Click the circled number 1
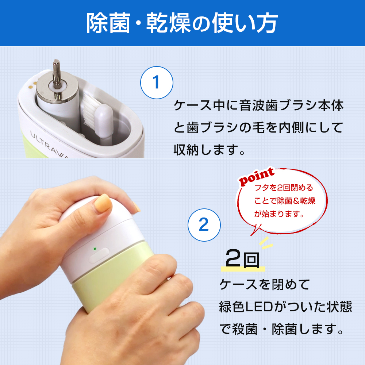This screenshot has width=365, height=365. click(157, 82)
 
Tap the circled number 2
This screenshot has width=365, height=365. click(204, 225)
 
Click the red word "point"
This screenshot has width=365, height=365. click(257, 176)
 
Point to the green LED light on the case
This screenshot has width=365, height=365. click(95, 249)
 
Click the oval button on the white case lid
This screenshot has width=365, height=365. click(99, 255)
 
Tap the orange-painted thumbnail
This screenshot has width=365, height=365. click(103, 203)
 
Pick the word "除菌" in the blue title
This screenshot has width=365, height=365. click(108, 23)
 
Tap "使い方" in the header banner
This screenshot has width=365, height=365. click(245, 23)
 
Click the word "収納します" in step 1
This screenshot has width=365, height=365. click(205, 149)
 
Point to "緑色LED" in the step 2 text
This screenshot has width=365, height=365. click(246, 307)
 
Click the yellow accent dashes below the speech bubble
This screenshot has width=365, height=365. click(266, 243)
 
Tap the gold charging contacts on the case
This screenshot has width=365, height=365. click(33, 85)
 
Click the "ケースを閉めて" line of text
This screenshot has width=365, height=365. click(264, 284)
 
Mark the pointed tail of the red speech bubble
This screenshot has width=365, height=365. click(251, 235)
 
